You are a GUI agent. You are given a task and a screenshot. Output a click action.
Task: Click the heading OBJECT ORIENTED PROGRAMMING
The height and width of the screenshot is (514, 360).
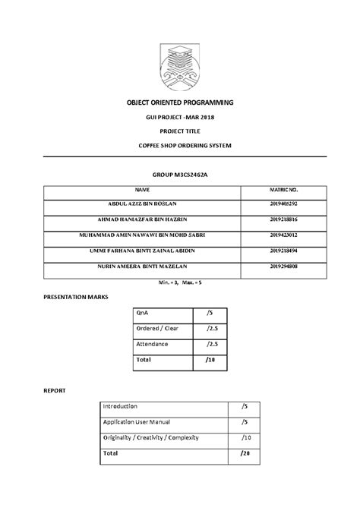[x=180, y=102]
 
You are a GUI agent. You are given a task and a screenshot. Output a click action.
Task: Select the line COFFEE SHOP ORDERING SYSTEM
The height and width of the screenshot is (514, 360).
[x=180, y=145]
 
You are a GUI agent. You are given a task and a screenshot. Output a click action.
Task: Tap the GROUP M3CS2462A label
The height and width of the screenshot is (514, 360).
[x=180, y=175]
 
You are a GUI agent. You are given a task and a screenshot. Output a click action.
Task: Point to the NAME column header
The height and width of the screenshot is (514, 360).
[x=143, y=190]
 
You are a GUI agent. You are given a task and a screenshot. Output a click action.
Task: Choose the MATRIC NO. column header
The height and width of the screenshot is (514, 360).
[x=283, y=190]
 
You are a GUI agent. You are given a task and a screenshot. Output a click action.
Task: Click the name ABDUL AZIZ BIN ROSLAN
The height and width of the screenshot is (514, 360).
[x=143, y=204]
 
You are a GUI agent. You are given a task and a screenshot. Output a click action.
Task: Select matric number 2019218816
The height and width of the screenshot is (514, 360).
[x=283, y=219]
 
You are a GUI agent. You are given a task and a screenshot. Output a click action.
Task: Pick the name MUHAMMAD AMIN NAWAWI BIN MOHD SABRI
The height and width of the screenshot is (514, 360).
[x=143, y=235]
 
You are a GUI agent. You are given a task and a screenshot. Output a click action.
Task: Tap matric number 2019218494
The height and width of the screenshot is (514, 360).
[x=283, y=251]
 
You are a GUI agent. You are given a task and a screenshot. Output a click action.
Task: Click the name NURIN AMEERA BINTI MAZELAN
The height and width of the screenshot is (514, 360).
[x=143, y=266]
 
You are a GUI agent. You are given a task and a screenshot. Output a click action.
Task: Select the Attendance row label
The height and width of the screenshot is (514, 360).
[x=151, y=344]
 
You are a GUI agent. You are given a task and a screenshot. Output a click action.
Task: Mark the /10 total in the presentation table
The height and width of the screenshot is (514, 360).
[x=212, y=360]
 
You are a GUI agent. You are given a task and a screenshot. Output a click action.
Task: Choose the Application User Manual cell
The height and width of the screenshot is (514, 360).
[x=136, y=422]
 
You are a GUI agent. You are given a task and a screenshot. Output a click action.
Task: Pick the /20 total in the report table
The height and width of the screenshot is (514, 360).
[x=244, y=453]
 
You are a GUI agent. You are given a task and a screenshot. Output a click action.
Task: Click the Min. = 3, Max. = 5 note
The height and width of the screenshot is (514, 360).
[x=180, y=282]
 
